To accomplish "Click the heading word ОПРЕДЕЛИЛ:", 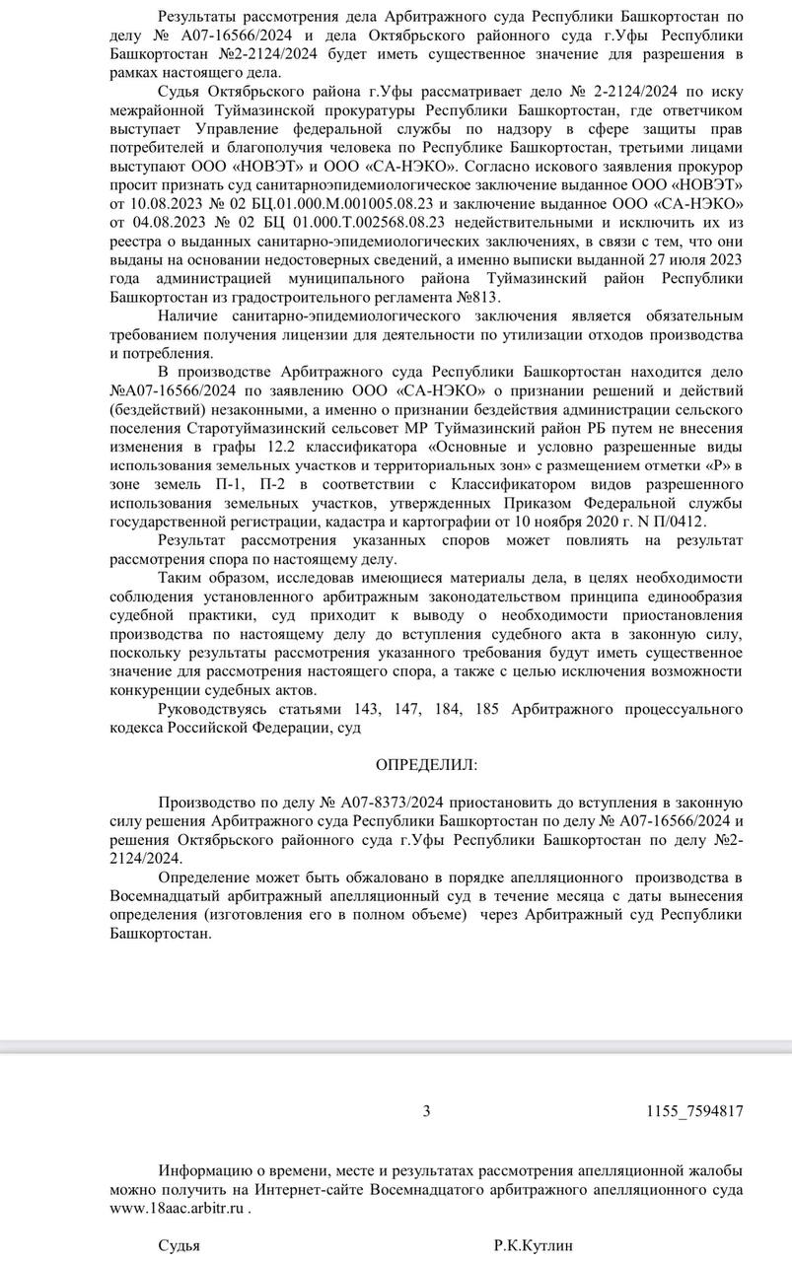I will (425, 764).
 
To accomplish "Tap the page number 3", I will (426, 1111).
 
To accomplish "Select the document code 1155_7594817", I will (694, 1111).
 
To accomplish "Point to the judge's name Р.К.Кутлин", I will (533, 1245).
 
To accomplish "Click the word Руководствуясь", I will (216, 708).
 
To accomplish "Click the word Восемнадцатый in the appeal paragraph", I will (161, 895).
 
